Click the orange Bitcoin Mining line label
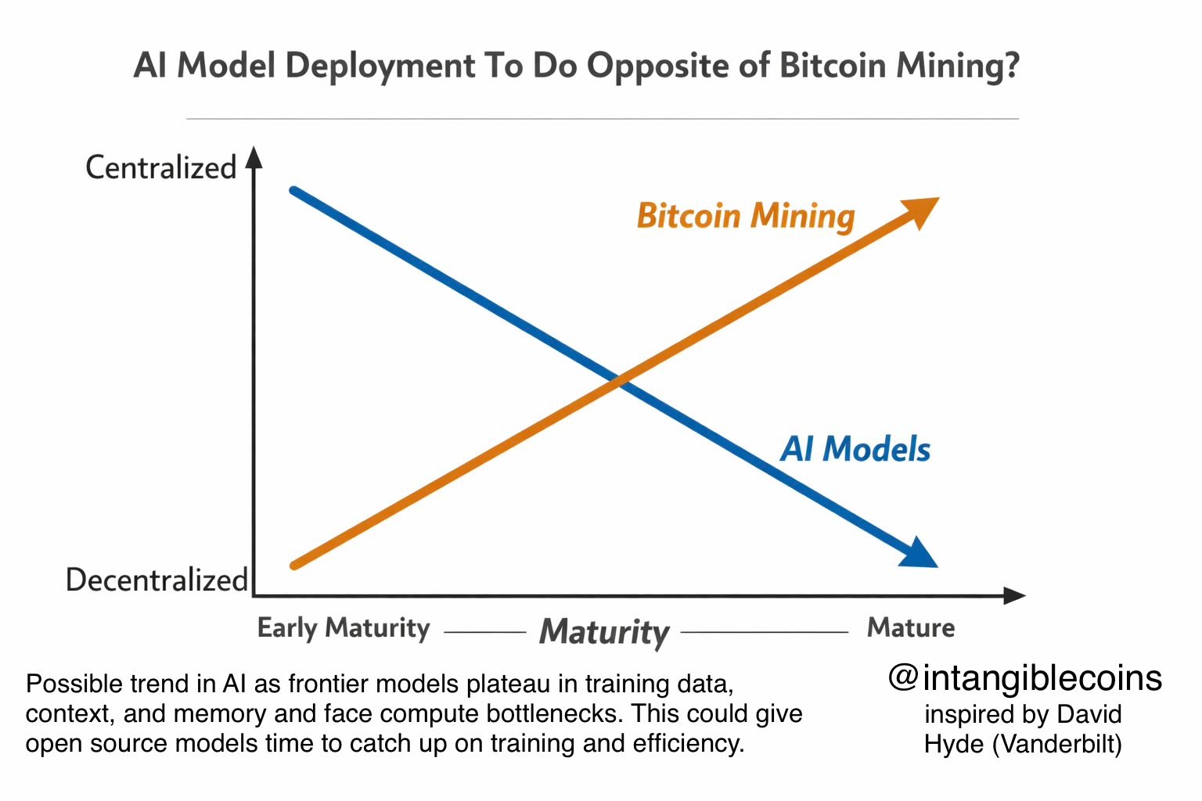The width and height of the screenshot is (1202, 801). [x=745, y=216]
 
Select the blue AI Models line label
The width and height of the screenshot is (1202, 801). [x=855, y=449]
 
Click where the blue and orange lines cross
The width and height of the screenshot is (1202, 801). [x=619, y=381]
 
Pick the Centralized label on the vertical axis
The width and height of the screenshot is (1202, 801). [x=160, y=167]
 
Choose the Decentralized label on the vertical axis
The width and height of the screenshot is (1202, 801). [x=157, y=580]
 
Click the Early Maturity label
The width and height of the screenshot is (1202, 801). [x=344, y=628]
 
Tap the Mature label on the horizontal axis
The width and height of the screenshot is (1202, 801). [x=911, y=627]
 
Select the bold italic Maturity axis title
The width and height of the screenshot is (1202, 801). [x=604, y=631]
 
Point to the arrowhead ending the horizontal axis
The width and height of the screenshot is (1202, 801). [x=1014, y=596]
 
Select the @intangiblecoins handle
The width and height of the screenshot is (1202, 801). [x=1025, y=677]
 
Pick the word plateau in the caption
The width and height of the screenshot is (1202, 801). [x=509, y=684]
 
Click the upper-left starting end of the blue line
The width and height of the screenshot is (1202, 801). [x=294, y=190]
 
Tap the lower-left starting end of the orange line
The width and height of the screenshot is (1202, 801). [x=295, y=565]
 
